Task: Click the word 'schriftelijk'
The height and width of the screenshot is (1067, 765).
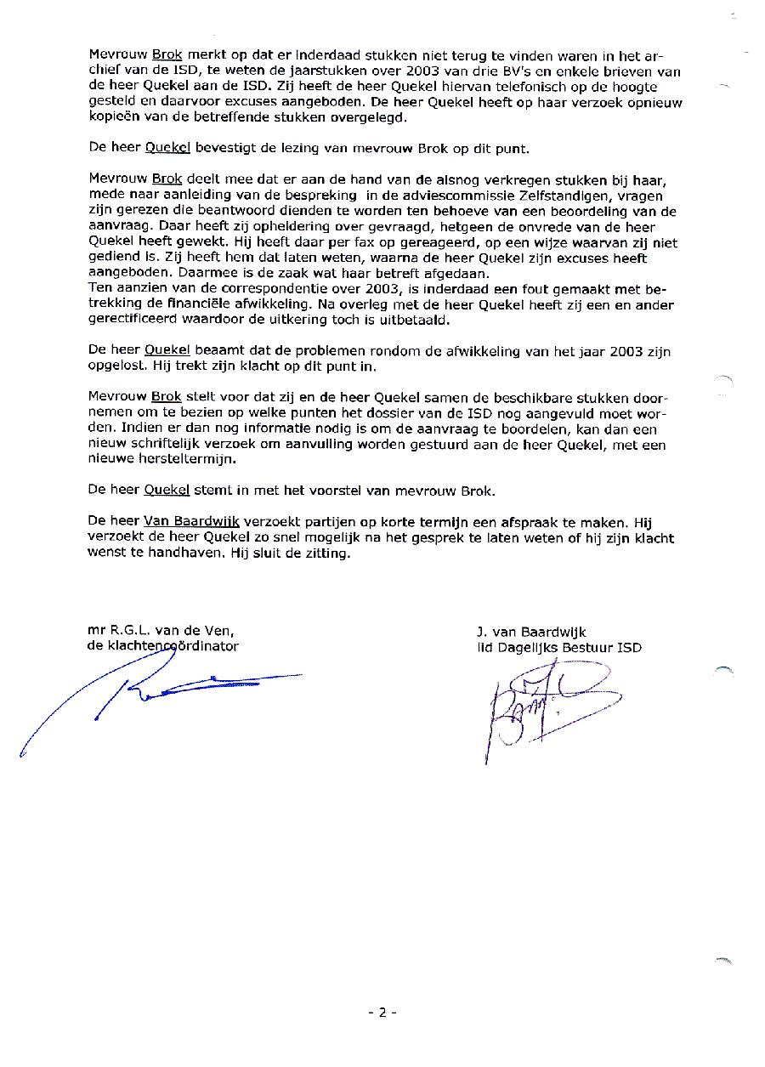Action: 172,444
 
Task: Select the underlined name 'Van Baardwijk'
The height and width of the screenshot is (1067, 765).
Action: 191,521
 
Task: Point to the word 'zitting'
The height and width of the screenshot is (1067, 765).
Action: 326,553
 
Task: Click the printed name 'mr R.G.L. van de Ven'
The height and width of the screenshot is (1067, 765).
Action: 161,630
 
